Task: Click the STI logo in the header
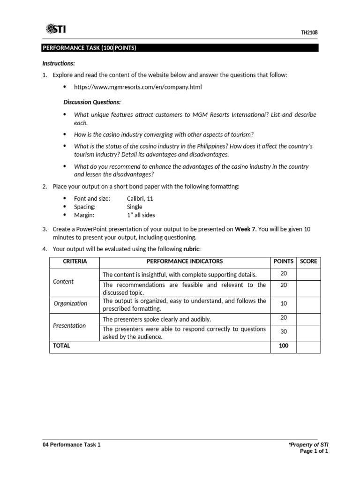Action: pos(56,30)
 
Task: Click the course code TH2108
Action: pos(309,32)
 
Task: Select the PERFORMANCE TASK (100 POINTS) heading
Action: pos(90,48)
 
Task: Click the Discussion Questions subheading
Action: pos(92,102)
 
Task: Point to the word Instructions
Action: pos(59,63)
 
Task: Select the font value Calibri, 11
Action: pos(140,199)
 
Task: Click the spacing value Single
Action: pos(135,207)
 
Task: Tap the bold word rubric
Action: pos(192,249)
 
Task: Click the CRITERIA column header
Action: pos(75,261)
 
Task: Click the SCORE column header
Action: pos(308,261)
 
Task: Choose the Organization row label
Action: pos(70,303)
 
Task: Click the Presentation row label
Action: pos(69,325)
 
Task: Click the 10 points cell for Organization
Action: pos(284,303)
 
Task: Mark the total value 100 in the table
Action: pos(284,346)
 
